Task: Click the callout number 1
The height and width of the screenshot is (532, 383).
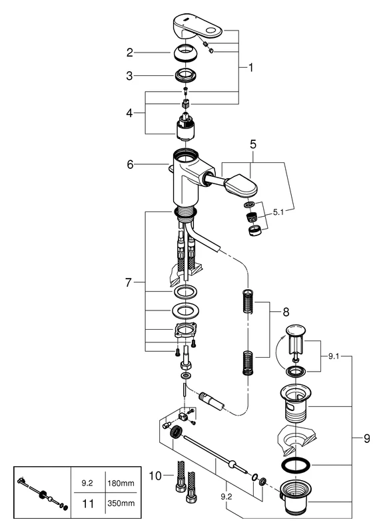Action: [251, 67]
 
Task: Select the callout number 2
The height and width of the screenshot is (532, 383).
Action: [131, 51]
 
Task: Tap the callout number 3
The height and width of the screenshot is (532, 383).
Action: [131, 76]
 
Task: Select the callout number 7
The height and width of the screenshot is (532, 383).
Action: [131, 282]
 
